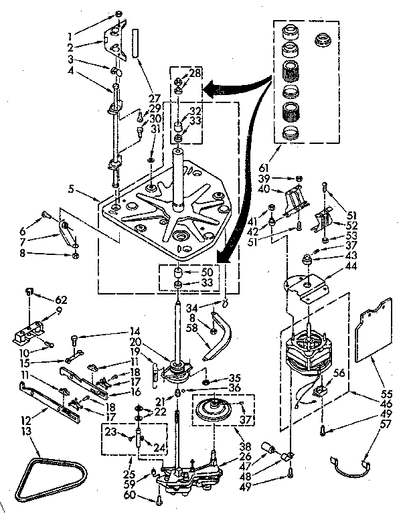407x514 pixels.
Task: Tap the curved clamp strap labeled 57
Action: [x=352, y=464]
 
